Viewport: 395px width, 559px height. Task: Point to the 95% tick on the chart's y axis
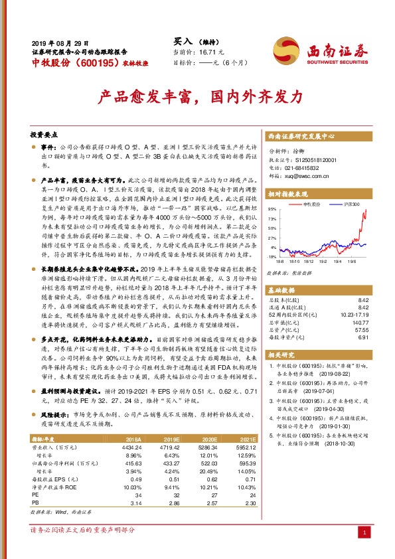pos(273,208)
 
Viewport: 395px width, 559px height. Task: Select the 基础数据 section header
pos(282,291)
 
